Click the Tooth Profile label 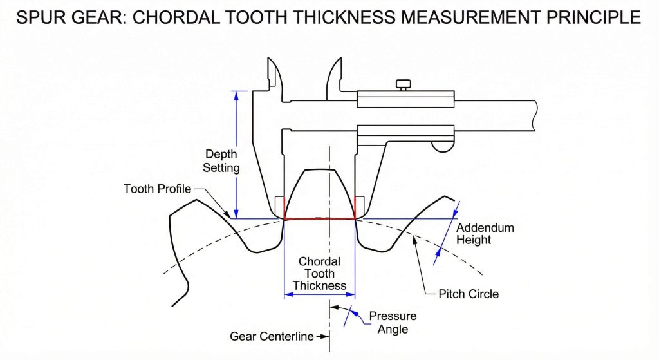pyautogui.click(x=157, y=189)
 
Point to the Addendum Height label pyautogui.click(x=485, y=234)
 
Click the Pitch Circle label pyautogui.click(x=468, y=294)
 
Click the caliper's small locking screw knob pyautogui.click(x=404, y=84)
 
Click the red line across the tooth pyautogui.click(x=320, y=219)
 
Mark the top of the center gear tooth pyautogui.click(x=320, y=170)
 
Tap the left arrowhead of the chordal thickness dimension pyautogui.click(x=288, y=294)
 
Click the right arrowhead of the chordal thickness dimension pyautogui.click(x=351, y=294)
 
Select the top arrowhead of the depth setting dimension pyautogui.click(x=236, y=95)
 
